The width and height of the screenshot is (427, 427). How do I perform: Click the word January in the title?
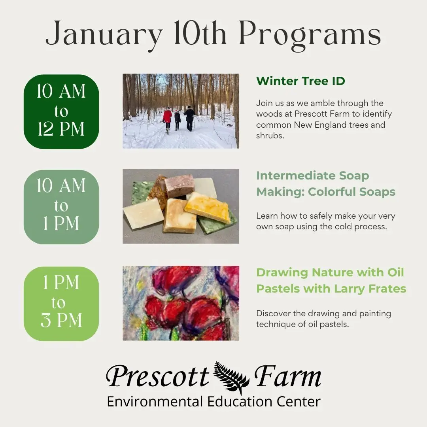pos(104,34)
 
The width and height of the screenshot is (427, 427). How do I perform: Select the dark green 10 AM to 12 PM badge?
pos(61,111)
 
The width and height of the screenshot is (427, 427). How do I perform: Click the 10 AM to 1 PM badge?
pos(61,207)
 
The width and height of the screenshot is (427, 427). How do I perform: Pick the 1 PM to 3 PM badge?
pos(61,304)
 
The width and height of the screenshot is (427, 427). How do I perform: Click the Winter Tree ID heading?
pos(300,81)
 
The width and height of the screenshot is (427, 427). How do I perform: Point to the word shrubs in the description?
pos(270,136)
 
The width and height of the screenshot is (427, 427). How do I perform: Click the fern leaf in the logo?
pos(232,378)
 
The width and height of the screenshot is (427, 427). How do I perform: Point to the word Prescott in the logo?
pos(157,376)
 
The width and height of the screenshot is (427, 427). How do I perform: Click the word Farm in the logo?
pos(287,376)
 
